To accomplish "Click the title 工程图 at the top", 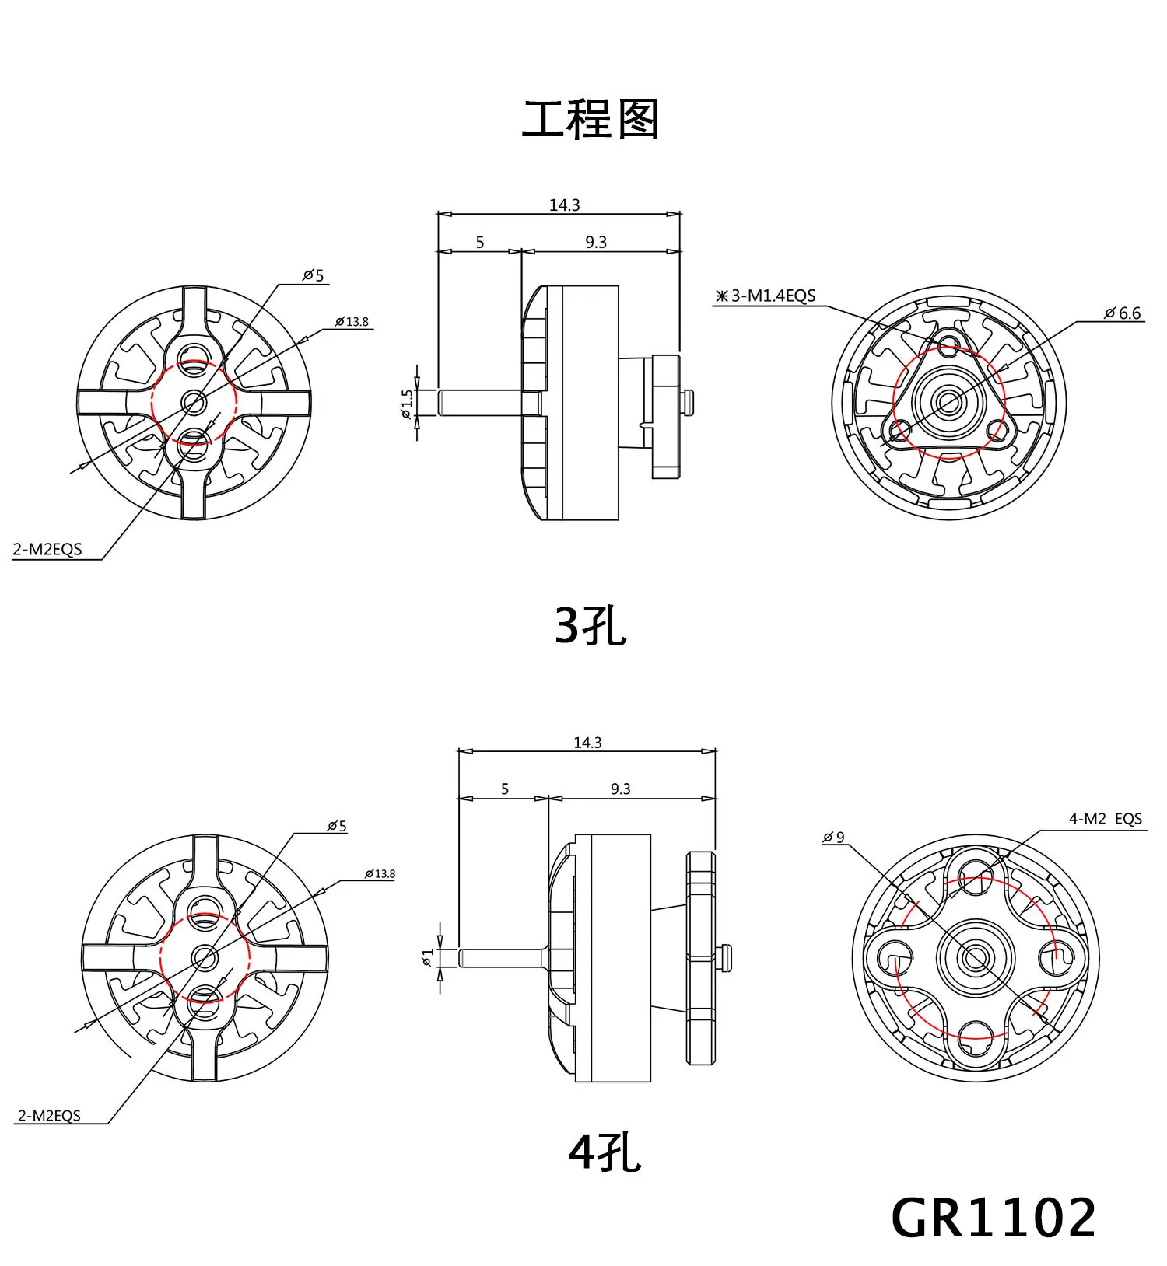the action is [590, 120].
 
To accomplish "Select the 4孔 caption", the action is [605, 1152].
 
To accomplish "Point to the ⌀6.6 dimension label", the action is [1123, 313].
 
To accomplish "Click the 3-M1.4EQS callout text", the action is [766, 296].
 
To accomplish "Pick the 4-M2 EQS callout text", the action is [1106, 819].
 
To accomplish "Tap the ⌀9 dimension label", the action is [833, 838].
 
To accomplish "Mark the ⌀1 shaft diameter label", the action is [427, 957].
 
